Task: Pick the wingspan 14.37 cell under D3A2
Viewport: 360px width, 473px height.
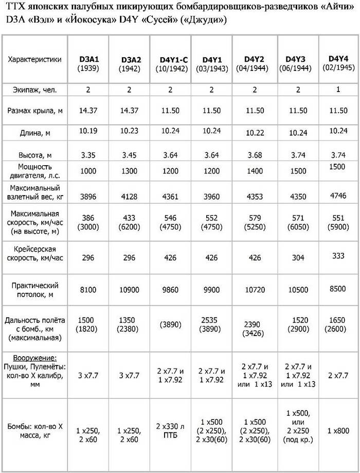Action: [129, 110]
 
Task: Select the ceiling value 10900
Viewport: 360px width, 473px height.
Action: [129, 290]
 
